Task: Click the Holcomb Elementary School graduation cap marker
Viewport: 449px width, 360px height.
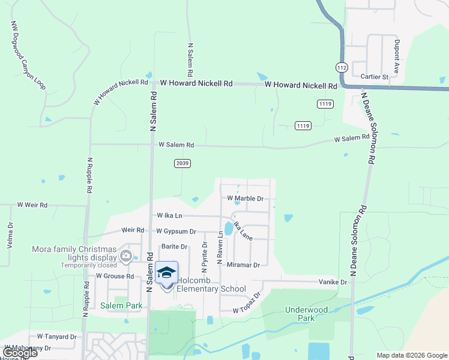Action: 167,273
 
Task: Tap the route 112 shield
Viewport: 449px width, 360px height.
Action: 342,67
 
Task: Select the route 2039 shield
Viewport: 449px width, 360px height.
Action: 183,163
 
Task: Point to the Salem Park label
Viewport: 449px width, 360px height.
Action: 121,305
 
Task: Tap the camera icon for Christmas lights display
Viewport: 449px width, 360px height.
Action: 126,257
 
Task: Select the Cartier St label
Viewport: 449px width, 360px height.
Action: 375,77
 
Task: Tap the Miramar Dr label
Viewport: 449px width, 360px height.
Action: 243,265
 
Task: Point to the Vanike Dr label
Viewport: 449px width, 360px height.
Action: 333,282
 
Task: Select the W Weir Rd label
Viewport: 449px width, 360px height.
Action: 32,205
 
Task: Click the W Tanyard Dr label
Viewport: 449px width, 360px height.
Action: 57,337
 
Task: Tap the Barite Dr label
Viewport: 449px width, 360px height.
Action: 175,246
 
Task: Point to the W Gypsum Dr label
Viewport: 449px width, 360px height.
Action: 176,231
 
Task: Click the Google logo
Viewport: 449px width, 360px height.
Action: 20,353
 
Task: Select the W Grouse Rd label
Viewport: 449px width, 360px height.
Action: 115,276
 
